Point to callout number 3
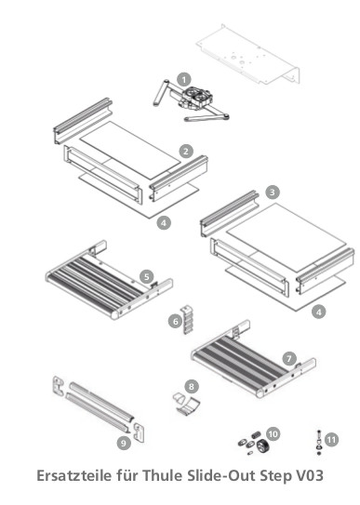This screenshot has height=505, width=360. [x=272, y=192]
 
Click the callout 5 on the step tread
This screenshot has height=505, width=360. [x=147, y=276]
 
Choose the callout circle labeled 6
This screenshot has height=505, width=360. [x=174, y=321]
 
